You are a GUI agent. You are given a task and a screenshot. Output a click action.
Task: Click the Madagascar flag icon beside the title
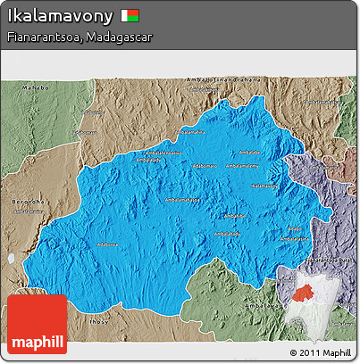131,15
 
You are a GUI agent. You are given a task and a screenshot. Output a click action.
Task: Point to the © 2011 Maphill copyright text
320,353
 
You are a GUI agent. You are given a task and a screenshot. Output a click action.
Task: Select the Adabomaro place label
205,165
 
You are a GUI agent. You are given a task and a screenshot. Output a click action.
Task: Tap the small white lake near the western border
12,258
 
